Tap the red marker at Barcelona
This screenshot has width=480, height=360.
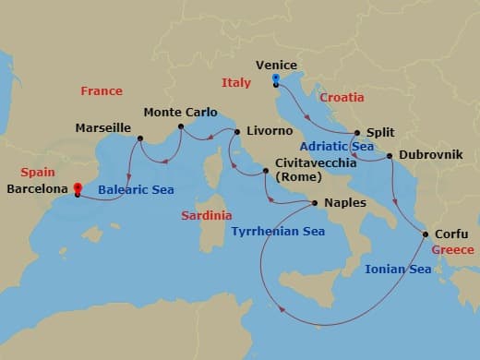point(77,187)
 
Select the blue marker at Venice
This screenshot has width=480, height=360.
point(276,79)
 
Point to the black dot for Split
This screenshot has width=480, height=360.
point(356,133)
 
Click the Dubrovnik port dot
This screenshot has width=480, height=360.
point(390,155)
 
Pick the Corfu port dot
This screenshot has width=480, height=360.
point(426,234)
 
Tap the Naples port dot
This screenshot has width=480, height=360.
point(316,203)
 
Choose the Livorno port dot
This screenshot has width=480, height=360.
point(237,132)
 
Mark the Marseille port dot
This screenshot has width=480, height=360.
point(139,139)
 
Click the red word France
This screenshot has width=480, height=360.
point(102,91)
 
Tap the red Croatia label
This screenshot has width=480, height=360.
point(342,98)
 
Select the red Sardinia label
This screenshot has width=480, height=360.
point(206,215)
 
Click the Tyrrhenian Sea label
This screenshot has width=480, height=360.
point(278,232)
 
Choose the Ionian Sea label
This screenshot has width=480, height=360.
point(398,270)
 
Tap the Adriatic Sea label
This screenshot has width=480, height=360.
point(337,146)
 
